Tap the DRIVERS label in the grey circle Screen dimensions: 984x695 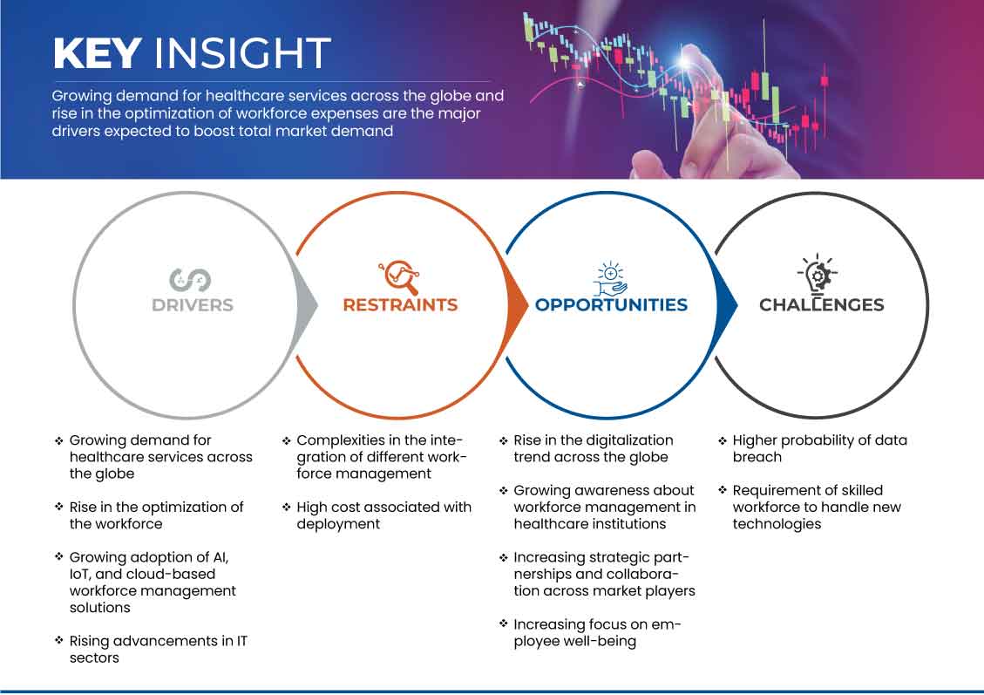pyautogui.click(x=192, y=305)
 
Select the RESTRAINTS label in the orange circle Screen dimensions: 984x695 pyautogui.click(x=400, y=305)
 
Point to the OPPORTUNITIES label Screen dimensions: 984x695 pyautogui.click(x=611, y=305)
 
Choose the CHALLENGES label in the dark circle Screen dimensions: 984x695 pyautogui.click(x=822, y=305)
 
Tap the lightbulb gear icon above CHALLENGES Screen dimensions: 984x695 pyautogui.click(x=818, y=274)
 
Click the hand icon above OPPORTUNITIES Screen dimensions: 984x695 pyautogui.click(x=611, y=279)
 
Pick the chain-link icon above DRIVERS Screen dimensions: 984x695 pyautogui.click(x=190, y=280)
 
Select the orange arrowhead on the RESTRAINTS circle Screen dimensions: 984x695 pyautogui.click(x=518, y=305)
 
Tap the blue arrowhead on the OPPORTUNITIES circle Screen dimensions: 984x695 pyautogui.click(x=727, y=305)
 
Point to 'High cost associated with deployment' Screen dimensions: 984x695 pyautogui.click(x=383, y=515)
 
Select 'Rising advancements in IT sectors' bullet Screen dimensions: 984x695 pyautogui.click(x=158, y=649)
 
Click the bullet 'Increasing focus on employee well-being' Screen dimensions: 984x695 pyautogui.click(x=597, y=633)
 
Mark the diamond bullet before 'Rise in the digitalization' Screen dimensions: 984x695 pyautogui.click(x=503, y=440)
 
